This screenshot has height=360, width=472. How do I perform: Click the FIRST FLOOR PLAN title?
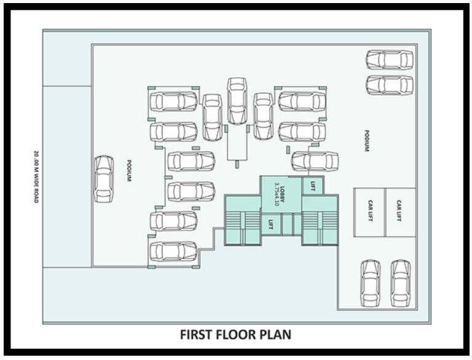click(x=236, y=335)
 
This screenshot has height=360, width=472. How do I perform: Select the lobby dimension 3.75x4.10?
click(x=277, y=195)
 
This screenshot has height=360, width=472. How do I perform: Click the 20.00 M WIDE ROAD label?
click(x=36, y=177)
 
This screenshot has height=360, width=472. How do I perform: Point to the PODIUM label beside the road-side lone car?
click(x=129, y=170)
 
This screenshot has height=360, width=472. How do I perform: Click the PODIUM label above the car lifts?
click(x=367, y=141)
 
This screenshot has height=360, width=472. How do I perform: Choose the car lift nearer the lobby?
click(x=370, y=212)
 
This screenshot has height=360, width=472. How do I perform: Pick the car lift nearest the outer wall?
click(x=399, y=212)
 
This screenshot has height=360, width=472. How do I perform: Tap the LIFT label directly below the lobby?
click(x=271, y=224)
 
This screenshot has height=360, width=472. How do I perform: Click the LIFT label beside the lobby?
click(x=313, y=186)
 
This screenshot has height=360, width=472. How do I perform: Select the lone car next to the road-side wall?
click(x=104, y=179)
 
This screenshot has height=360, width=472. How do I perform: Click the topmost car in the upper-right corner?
click(x=390, y=60)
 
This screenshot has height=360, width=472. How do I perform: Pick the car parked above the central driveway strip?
click(x=237, y=101)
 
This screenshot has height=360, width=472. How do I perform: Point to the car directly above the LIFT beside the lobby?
click(x=315, y=161)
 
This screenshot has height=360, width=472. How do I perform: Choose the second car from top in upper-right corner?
click(x=390, y=85)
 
